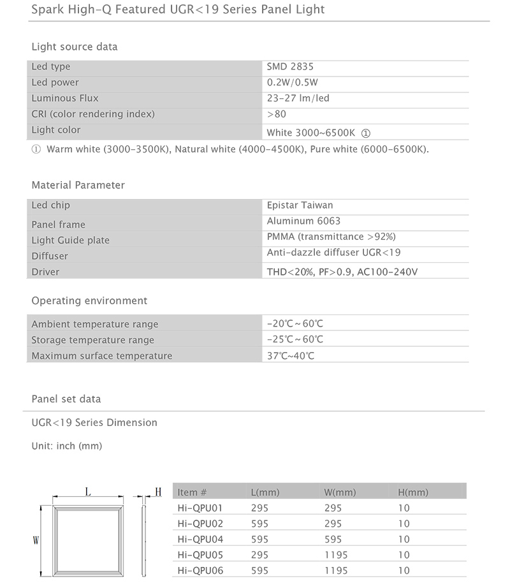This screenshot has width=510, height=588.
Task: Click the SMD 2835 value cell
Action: tap(290, 66)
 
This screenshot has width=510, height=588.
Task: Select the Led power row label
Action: tap(55, 82)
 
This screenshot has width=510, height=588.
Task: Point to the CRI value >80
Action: tap(277, 114)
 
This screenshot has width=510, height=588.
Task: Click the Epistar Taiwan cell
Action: tap(300, 205)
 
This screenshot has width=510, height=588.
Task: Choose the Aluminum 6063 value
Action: tap(303, 221)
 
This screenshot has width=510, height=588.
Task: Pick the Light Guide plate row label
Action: tap(71, 240)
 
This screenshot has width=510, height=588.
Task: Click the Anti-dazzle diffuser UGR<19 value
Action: tap(333, 253)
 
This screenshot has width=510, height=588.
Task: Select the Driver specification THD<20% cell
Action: tap(342, 272)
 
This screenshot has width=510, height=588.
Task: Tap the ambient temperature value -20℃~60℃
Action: tap(295, 324)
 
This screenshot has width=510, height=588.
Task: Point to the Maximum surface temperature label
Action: tap(102, 356)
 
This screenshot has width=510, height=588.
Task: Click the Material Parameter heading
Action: tap(78, 185)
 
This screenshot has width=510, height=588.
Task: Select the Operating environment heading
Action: tap(89, 300)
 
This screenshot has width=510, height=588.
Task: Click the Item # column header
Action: tap(193, 492)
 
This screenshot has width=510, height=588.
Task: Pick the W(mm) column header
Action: tap(340, 492)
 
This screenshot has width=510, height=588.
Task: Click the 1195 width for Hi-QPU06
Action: tap(336, 571)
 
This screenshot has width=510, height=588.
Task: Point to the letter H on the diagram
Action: tap(158, 492)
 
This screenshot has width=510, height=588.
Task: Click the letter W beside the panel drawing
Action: tap(36, 540)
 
